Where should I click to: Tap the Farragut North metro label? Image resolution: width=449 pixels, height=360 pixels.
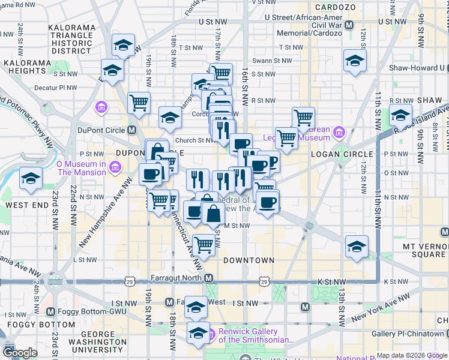click(181, 278)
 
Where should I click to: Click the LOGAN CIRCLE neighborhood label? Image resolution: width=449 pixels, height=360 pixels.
click(343, 154)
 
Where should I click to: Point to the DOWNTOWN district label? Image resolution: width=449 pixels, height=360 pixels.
click(249, 260)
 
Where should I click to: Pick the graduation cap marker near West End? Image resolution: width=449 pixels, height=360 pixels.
click(31, 178)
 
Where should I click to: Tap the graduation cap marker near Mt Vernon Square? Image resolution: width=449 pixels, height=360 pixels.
click(357, 246)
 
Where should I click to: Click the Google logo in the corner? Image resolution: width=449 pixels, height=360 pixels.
click(20, 353)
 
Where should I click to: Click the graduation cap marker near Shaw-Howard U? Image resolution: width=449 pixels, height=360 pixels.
click(355, 60)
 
